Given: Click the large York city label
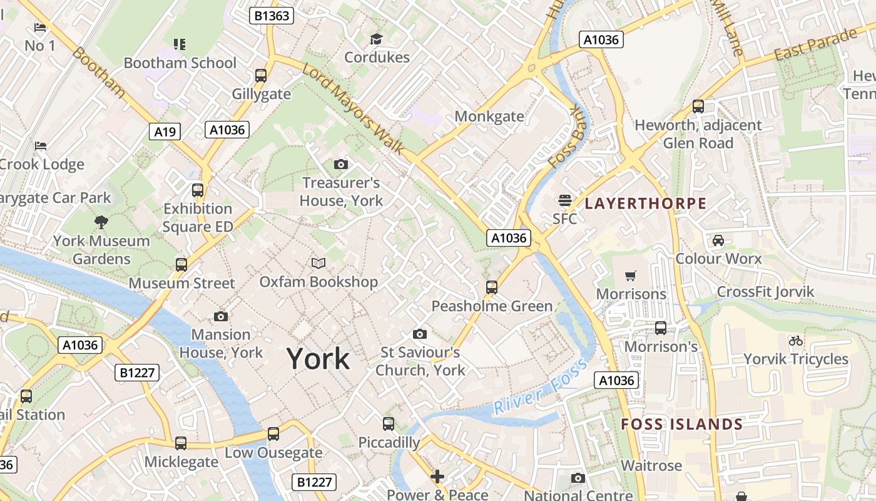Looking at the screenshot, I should point(318,359).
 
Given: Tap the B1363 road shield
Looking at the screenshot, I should point(272,16).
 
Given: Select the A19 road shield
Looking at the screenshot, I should point(165,132).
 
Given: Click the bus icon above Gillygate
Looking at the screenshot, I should point(261,76).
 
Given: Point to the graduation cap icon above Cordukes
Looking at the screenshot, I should point(376,39).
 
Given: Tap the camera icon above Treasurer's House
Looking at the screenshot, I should point(341,165).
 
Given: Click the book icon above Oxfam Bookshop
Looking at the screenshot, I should point(318,263).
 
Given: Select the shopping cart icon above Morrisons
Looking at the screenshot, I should point(631,276).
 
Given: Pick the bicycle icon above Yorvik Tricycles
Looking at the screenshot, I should point(795,341).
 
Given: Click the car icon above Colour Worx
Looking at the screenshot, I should point(718,240).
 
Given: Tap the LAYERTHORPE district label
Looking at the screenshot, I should point(645,204).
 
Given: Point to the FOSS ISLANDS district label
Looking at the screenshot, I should point(681,425).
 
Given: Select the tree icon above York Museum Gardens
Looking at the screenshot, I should point(101,222).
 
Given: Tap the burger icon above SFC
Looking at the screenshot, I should point(564,200).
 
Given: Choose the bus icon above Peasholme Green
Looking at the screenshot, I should point(492,287).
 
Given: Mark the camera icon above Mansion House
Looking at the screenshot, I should point(221,316).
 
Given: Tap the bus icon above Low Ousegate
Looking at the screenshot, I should point(273,434).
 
